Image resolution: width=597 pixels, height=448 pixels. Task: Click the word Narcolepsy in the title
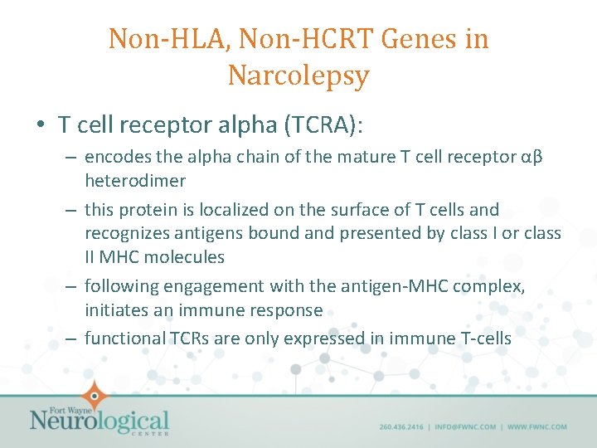pyautogui.click(x=298, y=75)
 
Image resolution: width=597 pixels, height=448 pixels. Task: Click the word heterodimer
pyautogui.click(x=135, y=181)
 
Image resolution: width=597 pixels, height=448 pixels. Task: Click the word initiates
pyautogui.click(x=117, y=310)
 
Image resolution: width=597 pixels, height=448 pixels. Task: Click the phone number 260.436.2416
pyautogui.click(x=401, y=427)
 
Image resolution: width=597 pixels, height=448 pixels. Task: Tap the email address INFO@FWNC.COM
pyautogui.click(x=464, y=427)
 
